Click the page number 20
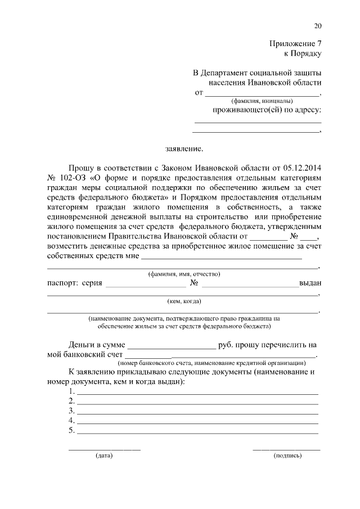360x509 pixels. [x=318, y=26]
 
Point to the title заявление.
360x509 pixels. [x=183, y=150]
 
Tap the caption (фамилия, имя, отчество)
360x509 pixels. [x=183, y=274]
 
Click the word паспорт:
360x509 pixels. [x=62, y=283]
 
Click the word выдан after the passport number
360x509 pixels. [x=310, y=283]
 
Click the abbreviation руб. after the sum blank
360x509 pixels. [x=226, y=344]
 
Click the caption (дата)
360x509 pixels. [x=104, y=456]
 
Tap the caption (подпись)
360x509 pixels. [x=287, y=456]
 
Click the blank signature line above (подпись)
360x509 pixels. [x=286, y=449]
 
